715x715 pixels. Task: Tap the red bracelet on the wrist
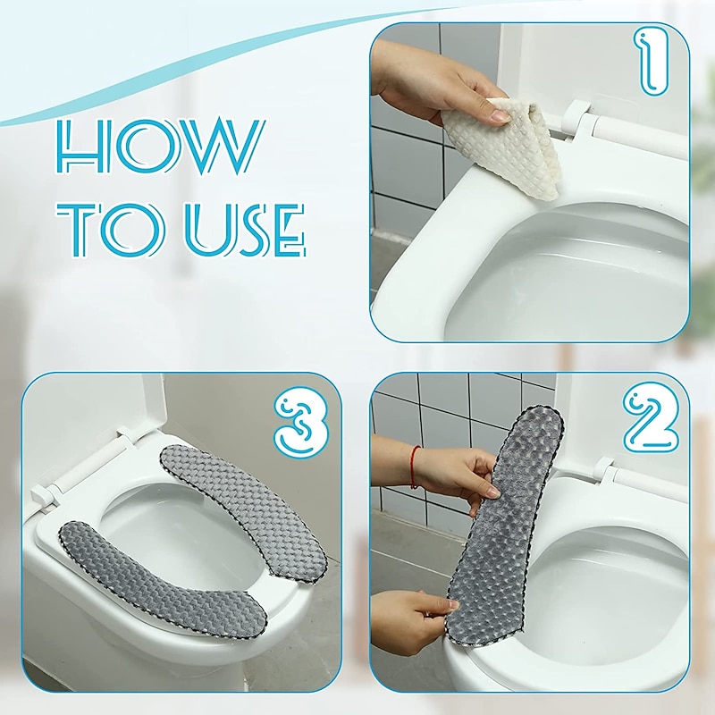click(x=415, y=467)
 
